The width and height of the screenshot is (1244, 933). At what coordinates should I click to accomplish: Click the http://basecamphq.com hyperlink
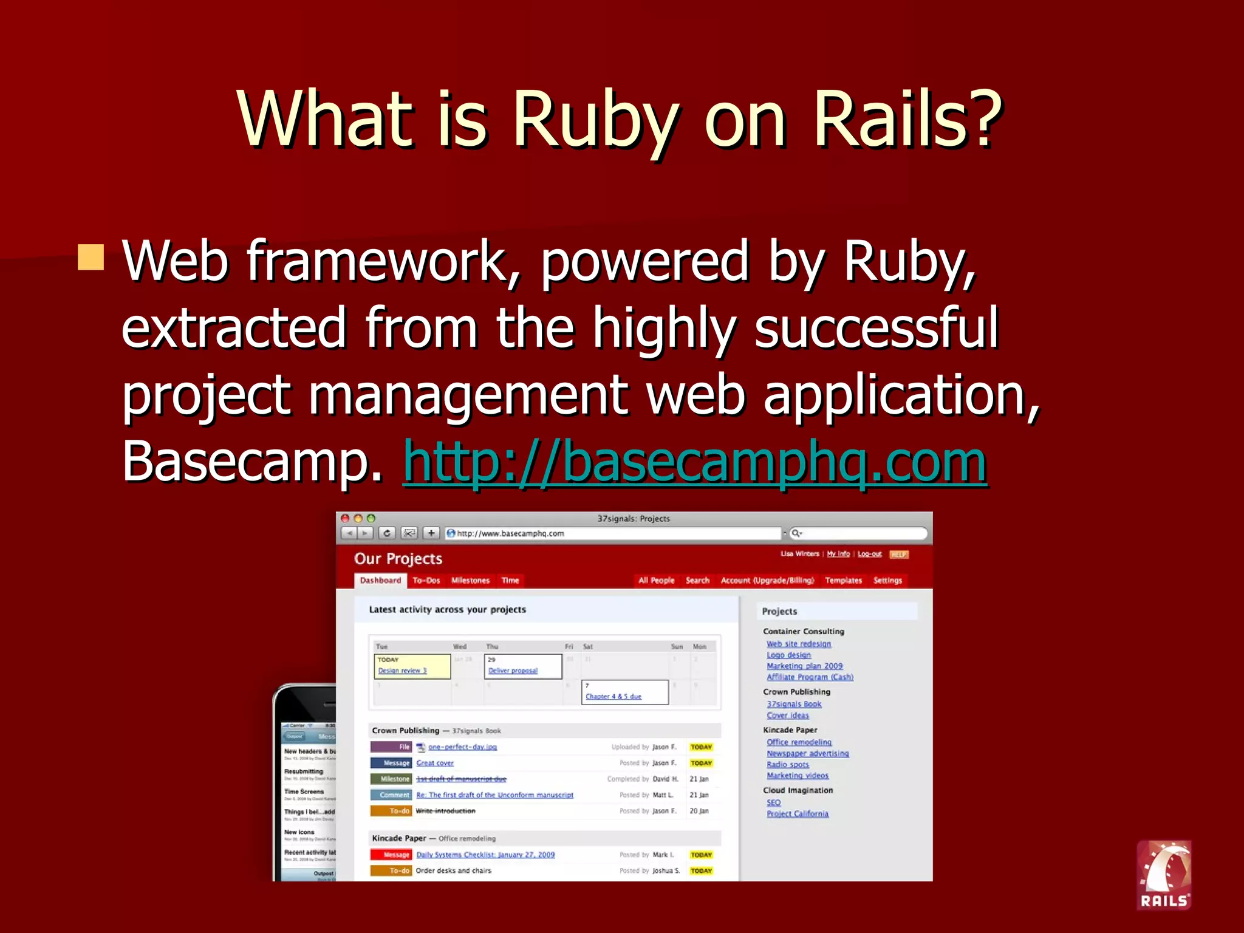click(x=695, y=462)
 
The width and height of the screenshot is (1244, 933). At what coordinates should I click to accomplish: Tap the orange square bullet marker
click(x=91, y=257)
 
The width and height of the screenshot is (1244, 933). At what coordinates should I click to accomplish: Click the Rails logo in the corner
click(x=1164, y=875)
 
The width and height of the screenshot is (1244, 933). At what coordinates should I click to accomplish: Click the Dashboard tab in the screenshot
click(x=380, y=580)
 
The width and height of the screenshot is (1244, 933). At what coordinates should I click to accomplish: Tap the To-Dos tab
click(x=426, y=580)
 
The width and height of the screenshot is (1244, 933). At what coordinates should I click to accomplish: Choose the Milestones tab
click(x=470, y=580)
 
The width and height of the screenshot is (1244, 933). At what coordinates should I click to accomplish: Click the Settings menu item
click(x=887, y=580)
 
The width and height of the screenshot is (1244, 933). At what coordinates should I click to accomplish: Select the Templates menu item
click(x=843, y=580)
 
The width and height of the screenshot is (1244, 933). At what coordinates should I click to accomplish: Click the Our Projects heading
click(x=398, y=559)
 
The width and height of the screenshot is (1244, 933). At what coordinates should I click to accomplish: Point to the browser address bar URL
click(x=510, y=533)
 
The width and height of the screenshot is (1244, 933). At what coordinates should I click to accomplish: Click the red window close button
click(x=345, y=518)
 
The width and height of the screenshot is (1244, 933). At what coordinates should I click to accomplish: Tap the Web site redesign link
click(x=798, y=644)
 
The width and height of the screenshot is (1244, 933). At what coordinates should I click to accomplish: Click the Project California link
click(x=797, y=814)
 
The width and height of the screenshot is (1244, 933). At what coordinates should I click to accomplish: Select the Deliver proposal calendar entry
click(x=513, y=671)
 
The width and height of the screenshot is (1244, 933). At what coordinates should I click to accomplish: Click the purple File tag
click(x=391, y=747)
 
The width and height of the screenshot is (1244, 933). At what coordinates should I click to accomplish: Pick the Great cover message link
click(x=435, y=763)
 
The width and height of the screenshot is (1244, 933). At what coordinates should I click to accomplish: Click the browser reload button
click(x=387, y=533)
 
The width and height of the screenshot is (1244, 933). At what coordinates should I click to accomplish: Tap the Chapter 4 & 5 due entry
click(x=613, y=696)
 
